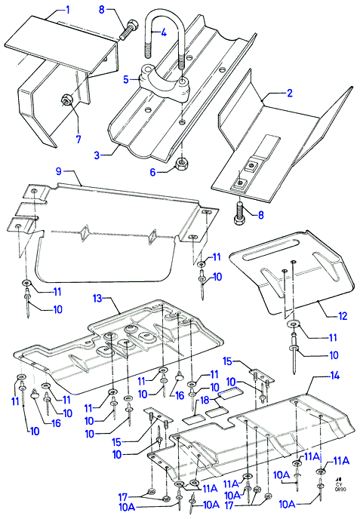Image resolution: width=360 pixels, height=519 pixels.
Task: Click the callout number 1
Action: (x=68, y=10)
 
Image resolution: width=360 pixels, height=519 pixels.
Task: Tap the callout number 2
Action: (x=290, y=93)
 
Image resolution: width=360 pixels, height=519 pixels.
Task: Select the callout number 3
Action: (x=97, y=155)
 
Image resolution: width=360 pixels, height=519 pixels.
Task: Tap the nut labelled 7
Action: (x=66, y=99)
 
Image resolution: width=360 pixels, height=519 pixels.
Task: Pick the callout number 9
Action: (x=59, y=171)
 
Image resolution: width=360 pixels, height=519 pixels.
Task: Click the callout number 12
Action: (x=342, y=316)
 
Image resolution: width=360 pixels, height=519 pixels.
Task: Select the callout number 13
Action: (x=97, y=299)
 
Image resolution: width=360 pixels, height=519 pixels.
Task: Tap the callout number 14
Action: (x=335, y=376)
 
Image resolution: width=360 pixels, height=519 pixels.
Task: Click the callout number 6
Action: (x=152, y=172)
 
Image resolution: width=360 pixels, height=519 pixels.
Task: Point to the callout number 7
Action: (x=78, y=139)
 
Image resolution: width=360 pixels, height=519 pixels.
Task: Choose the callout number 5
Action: (x=125, y=80)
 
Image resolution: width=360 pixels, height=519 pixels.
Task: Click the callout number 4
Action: (x=164, y=32)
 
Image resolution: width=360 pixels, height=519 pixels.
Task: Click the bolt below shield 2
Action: (x=240, y=213)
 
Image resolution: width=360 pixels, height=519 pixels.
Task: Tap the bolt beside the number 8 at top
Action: (x=128, y=29)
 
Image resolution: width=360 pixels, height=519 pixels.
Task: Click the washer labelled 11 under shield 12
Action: (x=293, y=324)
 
